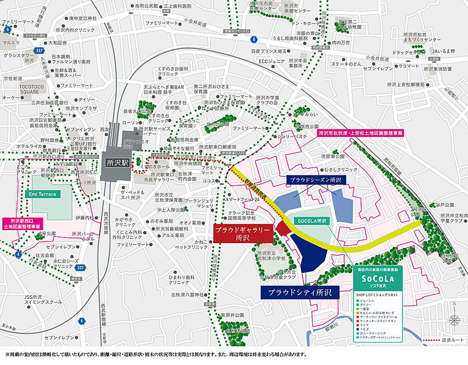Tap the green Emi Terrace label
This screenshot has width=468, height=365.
pos(43,194)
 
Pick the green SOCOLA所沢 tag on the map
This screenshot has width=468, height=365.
pos(311,221)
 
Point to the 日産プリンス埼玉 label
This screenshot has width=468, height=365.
pos(269,52)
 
